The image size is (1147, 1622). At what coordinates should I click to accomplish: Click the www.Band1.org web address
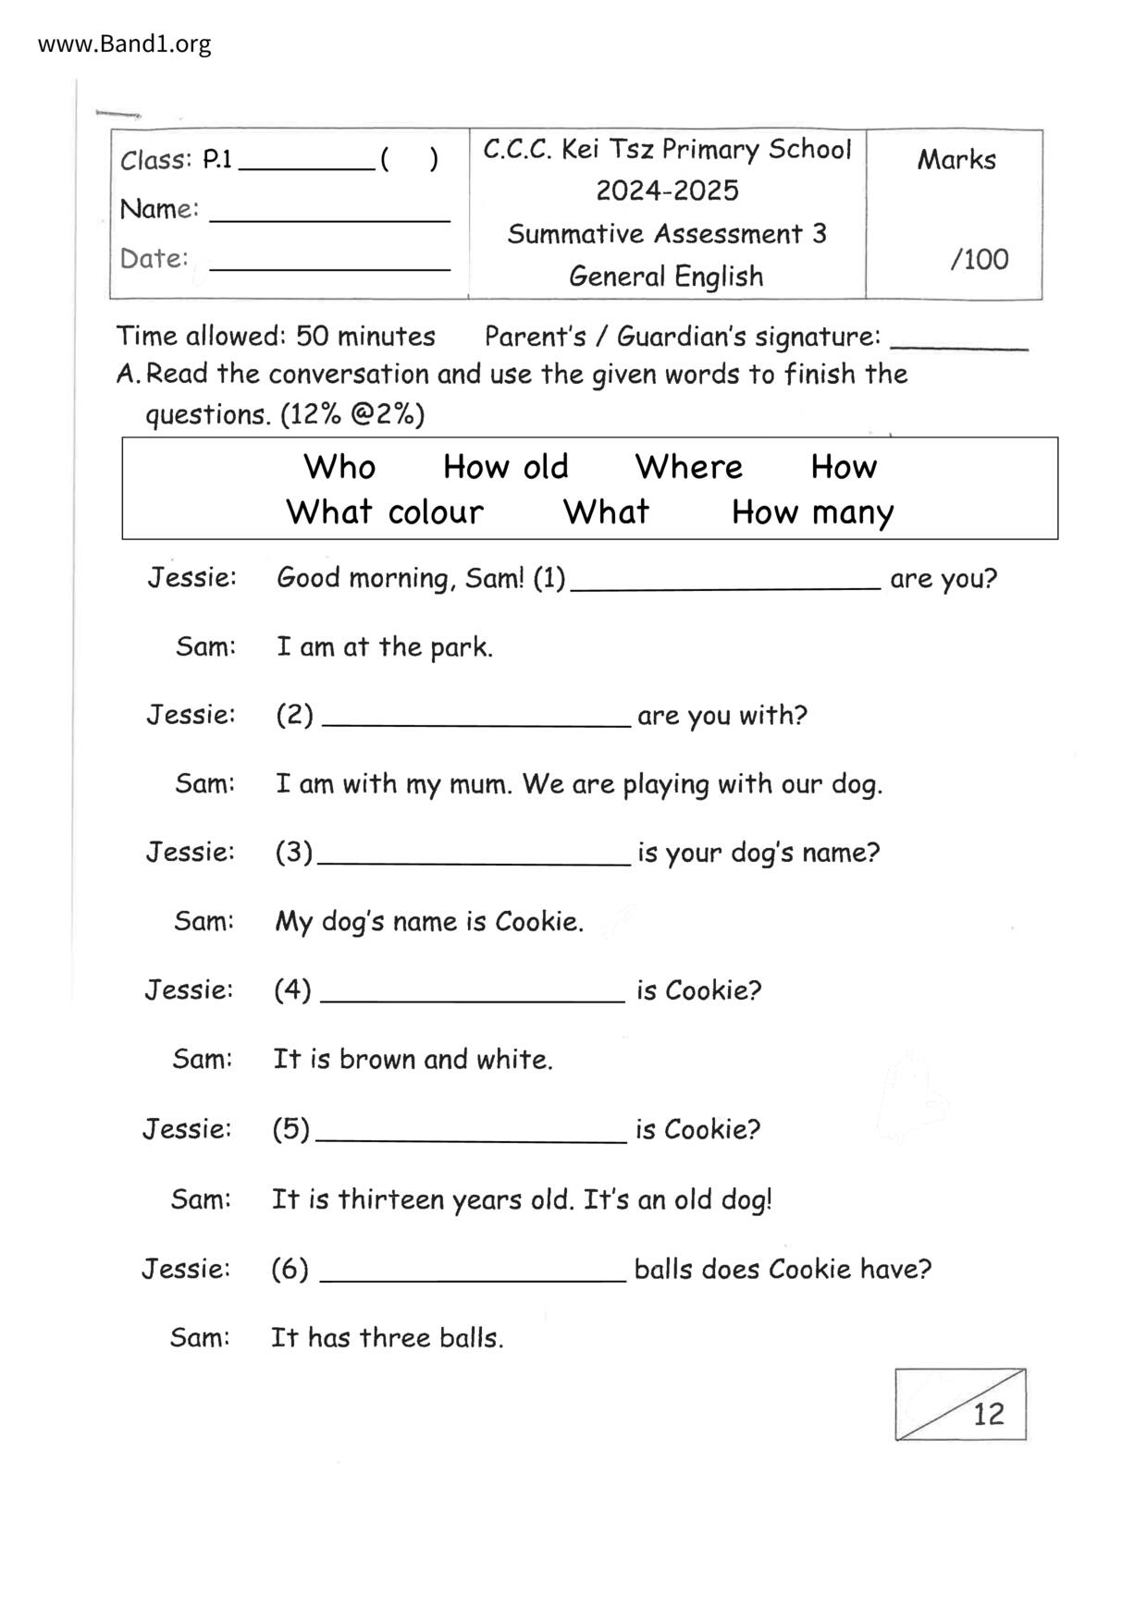point(124,43)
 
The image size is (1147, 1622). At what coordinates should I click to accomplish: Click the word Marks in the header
point(956,160)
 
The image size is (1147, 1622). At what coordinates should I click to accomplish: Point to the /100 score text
point(979,259)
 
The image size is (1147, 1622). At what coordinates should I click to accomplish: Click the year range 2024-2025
point(666,191)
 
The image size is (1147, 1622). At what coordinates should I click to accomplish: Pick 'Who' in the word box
point(339,467)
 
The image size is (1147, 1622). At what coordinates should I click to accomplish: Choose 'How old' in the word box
point(505,467)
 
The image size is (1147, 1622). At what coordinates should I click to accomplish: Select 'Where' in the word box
point(688,467)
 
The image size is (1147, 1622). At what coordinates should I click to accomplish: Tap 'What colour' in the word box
point(384,512)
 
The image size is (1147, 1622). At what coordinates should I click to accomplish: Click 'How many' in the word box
point(812,512)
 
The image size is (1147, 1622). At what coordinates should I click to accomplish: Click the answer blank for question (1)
point(725,581)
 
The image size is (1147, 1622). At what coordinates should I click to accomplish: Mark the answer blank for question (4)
point(472,993)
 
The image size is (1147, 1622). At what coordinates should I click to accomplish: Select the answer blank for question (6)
point(472,1272)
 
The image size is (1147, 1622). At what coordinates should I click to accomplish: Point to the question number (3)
point(293,852)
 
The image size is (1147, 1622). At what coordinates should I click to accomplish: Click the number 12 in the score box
point(988,1414)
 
